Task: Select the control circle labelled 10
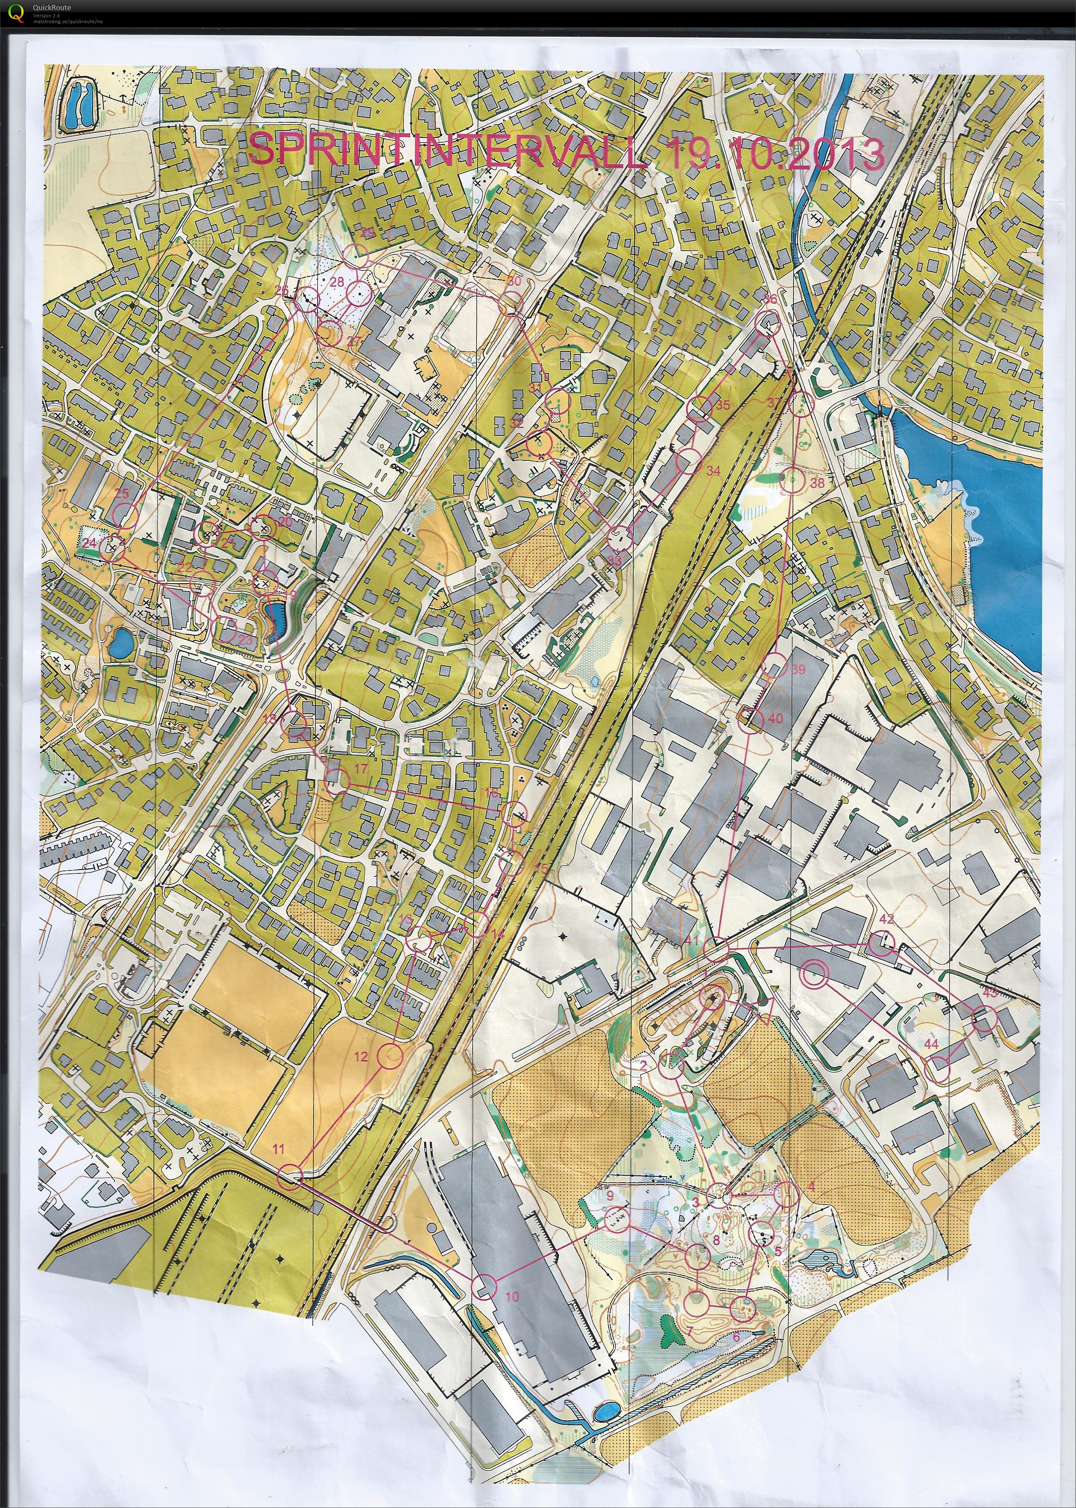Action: (484, 1286)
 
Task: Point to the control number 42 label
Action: (887, 919)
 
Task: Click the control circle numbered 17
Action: (338, 782)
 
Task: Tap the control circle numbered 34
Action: (689, 460)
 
